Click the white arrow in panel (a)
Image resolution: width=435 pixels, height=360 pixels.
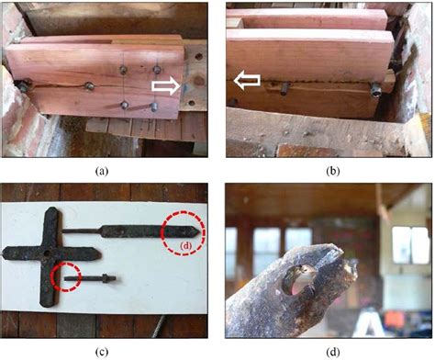(x=166, y=86)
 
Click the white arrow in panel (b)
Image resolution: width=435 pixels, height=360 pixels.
(x=247, y=80)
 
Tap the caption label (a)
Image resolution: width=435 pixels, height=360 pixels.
(x=102, y=171)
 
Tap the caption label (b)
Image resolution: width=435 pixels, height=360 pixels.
(x=333, y=171)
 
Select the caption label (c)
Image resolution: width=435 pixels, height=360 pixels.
(x=102, y=352)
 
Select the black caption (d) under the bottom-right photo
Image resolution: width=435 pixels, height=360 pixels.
(x=333, y=352)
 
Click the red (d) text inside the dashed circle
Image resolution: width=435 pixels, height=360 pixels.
(x=185, y=245)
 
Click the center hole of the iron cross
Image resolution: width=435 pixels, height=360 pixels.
(x=47, y=253)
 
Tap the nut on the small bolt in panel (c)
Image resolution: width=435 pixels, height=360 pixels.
(x=106, y=278)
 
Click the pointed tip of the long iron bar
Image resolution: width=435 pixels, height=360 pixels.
(x=200, y=232)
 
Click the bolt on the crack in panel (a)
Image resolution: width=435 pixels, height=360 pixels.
(x=89, y=86)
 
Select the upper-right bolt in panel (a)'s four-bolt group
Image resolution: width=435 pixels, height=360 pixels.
(x=157, y=70)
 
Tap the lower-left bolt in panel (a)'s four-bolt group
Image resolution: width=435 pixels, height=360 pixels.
(x=125, y=106)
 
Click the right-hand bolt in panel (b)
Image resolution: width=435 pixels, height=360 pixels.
(x=375, y=91)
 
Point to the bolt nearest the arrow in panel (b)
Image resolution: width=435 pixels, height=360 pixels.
(x=284, y=88)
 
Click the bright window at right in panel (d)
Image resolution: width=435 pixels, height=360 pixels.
(x=409, y=245)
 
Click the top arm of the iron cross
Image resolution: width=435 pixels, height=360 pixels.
(x=51, y=228)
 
